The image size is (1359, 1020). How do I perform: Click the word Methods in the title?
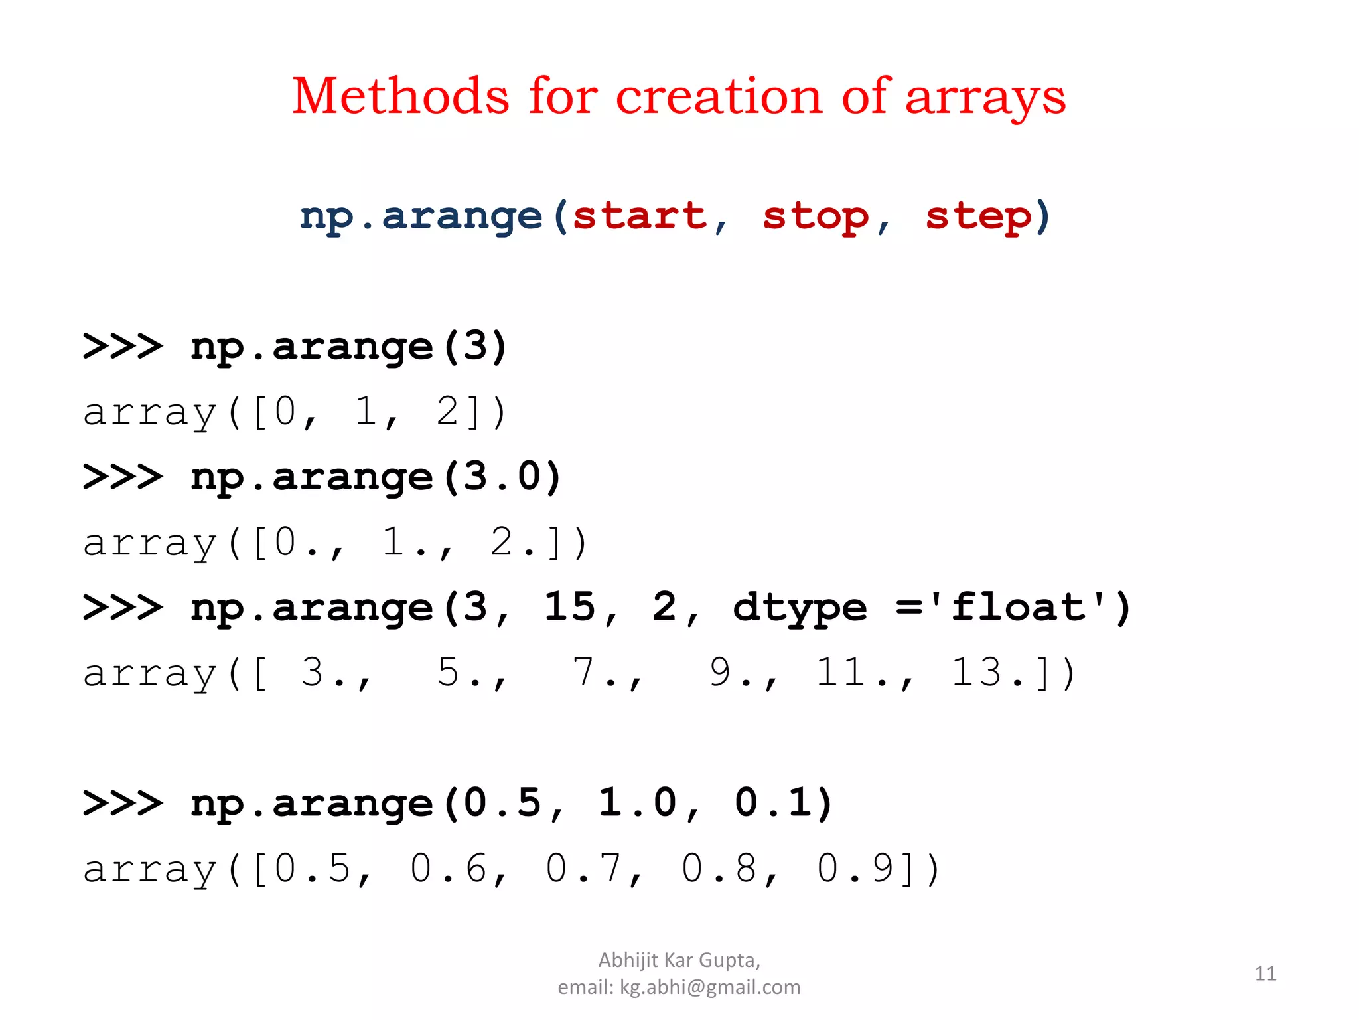(x=401, y=96)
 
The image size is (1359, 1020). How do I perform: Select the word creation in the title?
(x=720, y=96)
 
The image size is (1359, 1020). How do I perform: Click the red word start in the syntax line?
(x=640, y=216)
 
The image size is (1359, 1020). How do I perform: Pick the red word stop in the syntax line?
(x=816, y=217)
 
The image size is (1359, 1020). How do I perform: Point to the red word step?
(x=979, y=217)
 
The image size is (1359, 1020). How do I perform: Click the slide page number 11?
(x=1265, y=974)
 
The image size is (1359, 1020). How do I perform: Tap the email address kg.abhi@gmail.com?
(x=710, y=987)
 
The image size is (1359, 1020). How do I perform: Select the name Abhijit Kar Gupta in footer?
(x=678, y=960)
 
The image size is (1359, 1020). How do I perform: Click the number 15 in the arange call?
(x=570, y=607)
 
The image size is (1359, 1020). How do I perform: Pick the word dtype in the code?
(x=800, y=608)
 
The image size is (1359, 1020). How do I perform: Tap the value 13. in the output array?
(x=985, y=672)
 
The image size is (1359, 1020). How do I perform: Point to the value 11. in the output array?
(x=849, y=672)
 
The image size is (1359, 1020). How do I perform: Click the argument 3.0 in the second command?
(x=502, y=477)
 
